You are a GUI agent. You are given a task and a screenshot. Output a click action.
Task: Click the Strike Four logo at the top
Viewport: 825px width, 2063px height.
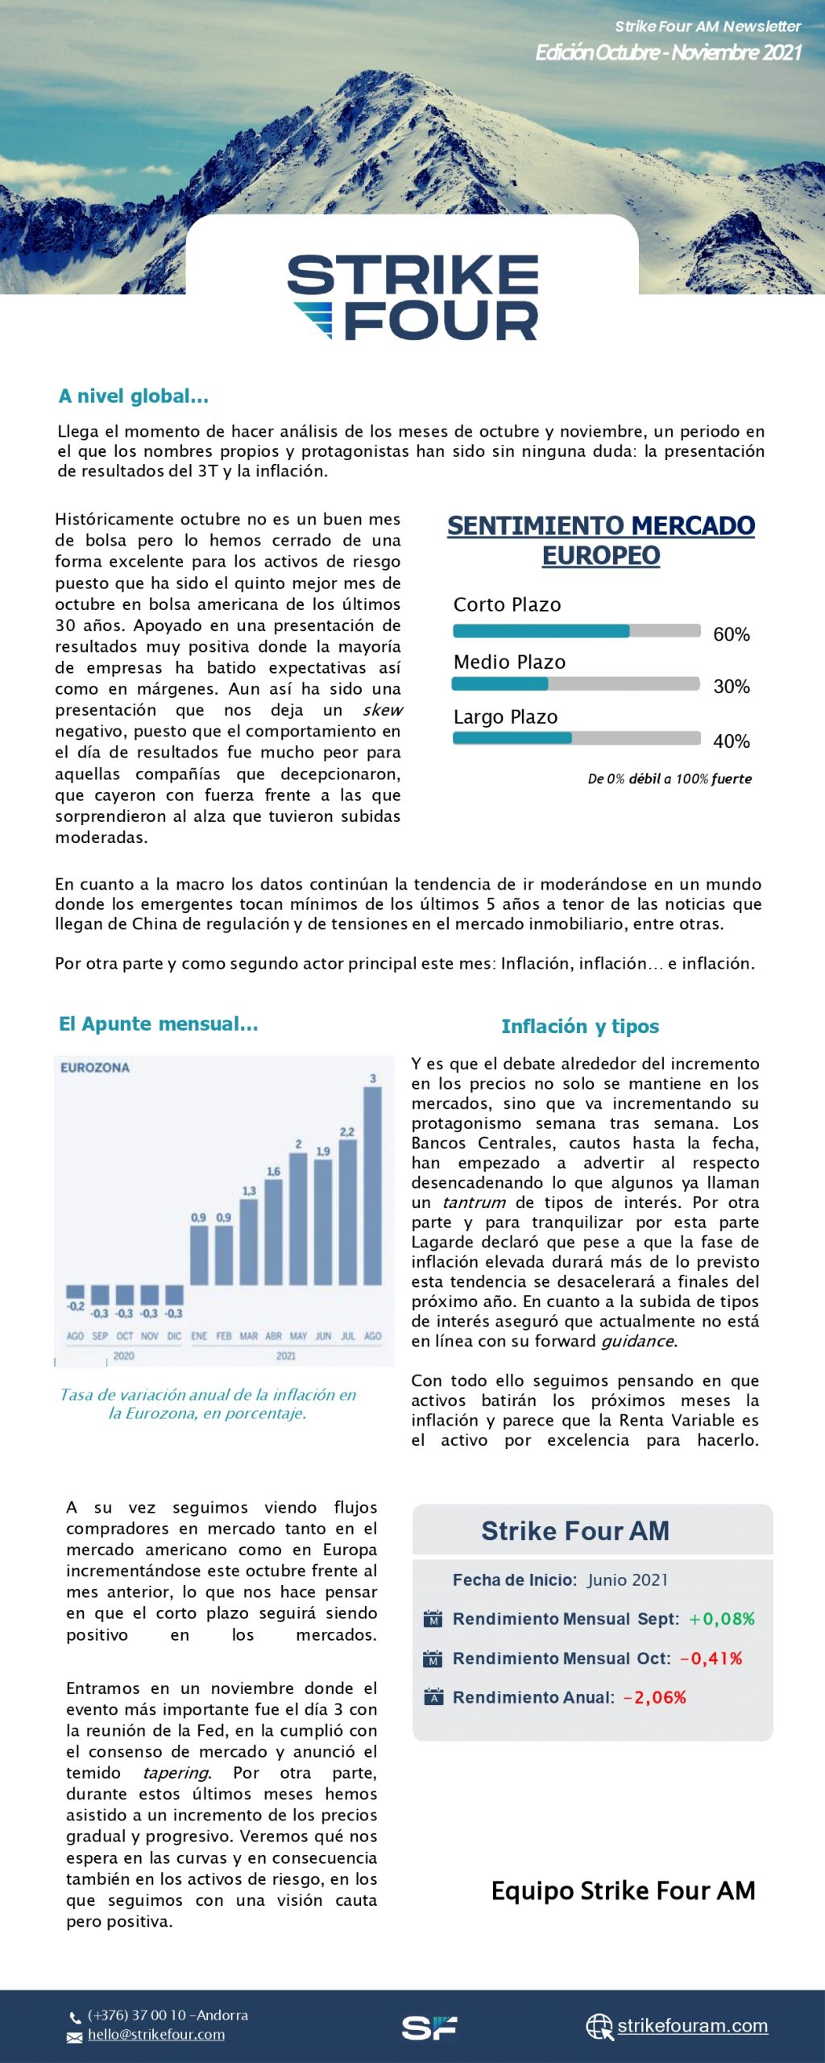(412, 297)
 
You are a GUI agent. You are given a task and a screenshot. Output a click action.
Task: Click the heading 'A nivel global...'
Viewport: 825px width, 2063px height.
(134, 396)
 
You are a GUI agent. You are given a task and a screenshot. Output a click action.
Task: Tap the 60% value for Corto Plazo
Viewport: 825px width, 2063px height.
(731, 634)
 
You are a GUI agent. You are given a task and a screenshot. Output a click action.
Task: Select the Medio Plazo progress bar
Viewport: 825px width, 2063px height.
(575, 684)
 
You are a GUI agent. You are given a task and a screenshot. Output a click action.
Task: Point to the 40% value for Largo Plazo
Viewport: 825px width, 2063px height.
(731, 741)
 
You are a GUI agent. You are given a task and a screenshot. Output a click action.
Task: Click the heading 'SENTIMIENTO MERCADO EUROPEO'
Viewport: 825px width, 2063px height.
(601, 540)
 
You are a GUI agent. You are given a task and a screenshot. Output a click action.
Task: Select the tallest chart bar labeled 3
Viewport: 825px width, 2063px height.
(372, 1185)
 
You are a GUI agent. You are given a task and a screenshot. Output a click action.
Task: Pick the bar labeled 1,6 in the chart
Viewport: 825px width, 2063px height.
(273, 1231)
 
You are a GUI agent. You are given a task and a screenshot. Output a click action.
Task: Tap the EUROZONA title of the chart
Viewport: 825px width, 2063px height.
(95, 1068)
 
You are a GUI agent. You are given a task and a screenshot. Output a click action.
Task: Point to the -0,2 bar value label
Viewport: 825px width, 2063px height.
(76, 1306)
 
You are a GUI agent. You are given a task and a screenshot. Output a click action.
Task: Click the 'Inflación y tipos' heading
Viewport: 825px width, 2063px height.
(580, 1026)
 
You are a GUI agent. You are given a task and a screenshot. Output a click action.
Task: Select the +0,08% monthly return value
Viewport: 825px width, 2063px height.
(722, 1619)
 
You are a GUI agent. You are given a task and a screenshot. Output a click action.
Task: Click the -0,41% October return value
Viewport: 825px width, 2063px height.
(711, 1658)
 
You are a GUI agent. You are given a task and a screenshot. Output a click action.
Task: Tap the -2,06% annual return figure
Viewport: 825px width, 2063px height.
(655, 1697)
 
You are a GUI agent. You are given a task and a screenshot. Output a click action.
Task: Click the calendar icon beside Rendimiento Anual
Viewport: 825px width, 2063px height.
(433, 1696)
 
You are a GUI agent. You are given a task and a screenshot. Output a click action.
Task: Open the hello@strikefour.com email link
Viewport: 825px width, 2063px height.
(156, 2035)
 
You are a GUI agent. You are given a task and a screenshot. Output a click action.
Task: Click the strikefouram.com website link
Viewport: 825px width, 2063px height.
(692, 2025)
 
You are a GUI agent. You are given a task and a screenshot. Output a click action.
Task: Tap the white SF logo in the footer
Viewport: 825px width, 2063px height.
(429, 2028)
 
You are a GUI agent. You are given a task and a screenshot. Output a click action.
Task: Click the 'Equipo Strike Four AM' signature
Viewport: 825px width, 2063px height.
(623, 1891)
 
